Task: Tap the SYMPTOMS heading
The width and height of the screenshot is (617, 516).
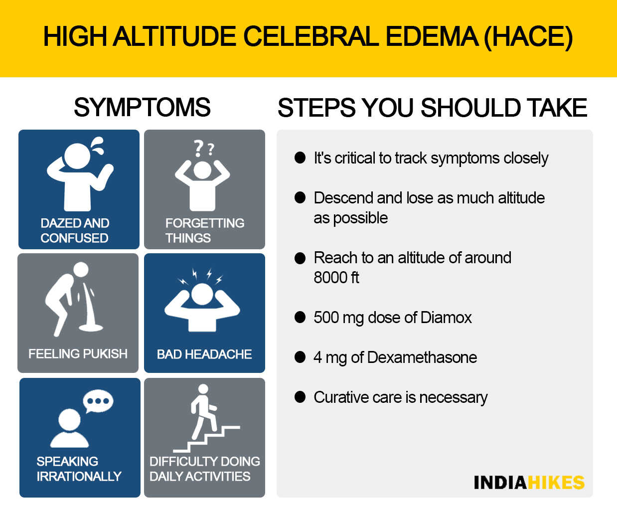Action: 142,107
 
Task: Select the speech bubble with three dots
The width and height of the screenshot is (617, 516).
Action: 98,401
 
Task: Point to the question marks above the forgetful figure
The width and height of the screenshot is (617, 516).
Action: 204,148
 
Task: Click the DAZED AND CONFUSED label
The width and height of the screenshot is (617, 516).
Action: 75,231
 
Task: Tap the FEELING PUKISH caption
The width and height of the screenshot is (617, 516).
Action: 78,354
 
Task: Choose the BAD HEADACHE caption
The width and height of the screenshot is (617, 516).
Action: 204,354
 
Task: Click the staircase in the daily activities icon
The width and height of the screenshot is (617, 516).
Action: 206,439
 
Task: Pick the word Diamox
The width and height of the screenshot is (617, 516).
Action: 446,318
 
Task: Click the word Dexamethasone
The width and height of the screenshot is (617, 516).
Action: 422,357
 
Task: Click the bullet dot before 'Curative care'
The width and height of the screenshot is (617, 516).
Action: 300,397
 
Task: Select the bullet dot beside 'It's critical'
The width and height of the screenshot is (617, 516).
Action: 300,158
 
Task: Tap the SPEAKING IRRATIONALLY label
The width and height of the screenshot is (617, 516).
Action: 79,469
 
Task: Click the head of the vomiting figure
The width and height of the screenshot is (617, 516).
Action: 81,270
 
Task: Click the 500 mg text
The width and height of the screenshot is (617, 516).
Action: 338,318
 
